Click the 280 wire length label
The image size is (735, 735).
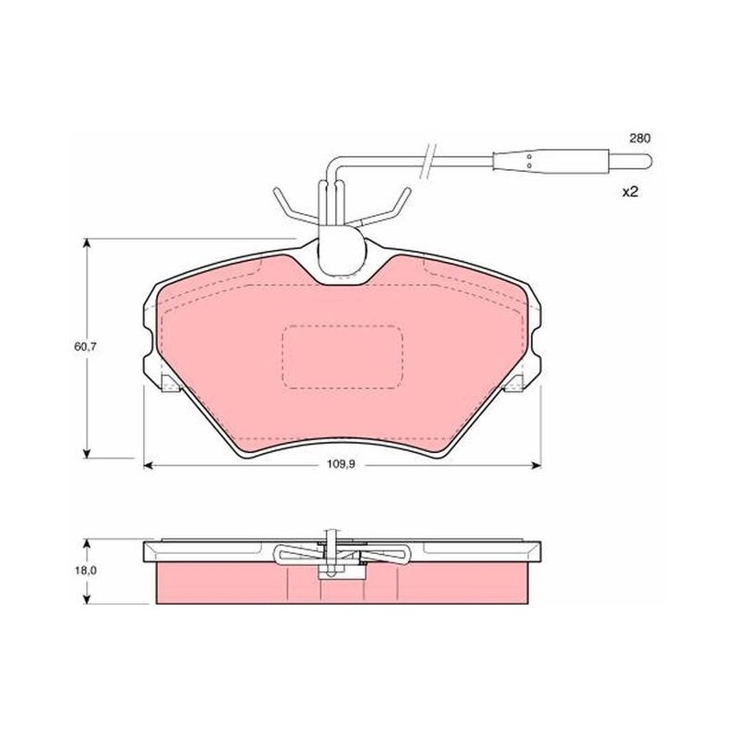(x=639, y=139)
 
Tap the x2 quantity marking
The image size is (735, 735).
(x=630, y=192)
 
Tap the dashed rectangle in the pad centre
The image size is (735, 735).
(x=342, y=357)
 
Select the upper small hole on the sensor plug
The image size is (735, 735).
(x=529, y=156)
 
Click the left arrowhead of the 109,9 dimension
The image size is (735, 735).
(x=148, y=465)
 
